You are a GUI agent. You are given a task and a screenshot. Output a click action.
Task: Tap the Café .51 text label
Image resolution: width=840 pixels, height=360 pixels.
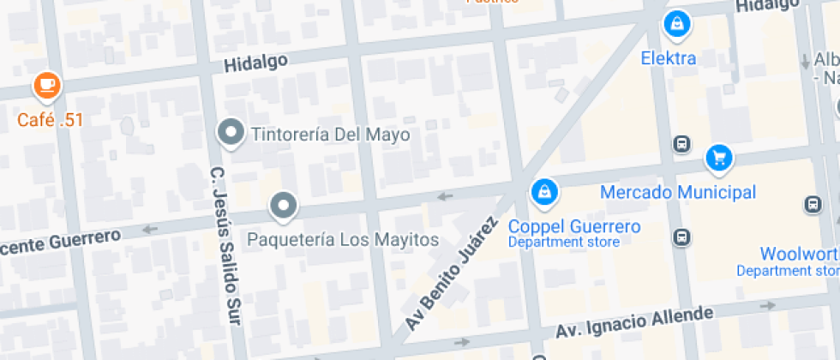click(51, 119)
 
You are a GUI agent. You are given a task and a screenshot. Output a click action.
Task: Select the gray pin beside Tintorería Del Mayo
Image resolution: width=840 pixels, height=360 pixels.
click(230, 133)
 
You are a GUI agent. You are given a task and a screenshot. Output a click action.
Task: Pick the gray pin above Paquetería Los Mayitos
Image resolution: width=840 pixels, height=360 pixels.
click(283, 206)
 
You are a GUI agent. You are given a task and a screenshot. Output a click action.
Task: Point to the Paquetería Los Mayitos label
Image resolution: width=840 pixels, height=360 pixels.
click(343, 239)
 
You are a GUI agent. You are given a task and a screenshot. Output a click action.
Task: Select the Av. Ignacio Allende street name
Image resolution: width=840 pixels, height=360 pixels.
click(633, 322)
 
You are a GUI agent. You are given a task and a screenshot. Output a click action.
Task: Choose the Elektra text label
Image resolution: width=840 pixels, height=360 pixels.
click(669, 59)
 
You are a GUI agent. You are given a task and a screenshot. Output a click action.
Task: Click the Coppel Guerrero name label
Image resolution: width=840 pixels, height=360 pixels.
click(574, 226)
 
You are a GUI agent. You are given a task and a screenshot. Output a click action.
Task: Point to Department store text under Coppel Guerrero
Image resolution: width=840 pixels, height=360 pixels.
click(563, 243)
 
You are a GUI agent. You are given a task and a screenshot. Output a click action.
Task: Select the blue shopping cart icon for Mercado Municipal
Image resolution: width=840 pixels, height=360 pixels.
click(718, 158)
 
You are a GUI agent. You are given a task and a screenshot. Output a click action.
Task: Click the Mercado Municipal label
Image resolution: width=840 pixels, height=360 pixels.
click(677, 192)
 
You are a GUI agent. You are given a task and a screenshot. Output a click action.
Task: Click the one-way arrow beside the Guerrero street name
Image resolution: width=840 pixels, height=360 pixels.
click(151, 229)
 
